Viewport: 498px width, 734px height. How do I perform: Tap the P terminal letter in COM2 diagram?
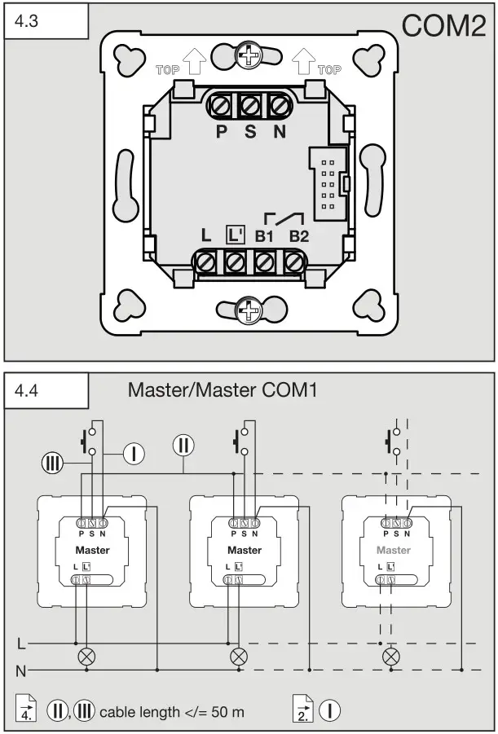point(222,131)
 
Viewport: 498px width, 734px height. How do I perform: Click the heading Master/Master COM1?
point(222,389)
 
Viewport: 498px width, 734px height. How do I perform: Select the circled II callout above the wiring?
point(183,445)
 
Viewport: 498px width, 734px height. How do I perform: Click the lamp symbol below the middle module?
point(239,655)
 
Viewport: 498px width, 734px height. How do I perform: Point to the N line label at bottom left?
point(22,670)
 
